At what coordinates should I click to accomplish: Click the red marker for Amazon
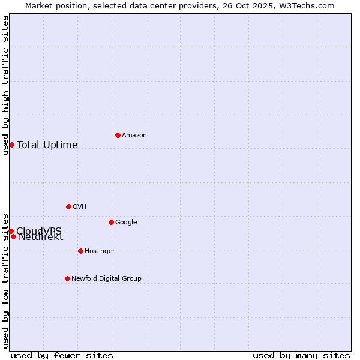click(118, 135)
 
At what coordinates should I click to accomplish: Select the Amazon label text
click(134, 136)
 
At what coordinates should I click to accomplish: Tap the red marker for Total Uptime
click(11, 145)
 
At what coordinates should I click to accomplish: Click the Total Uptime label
click(47, 145)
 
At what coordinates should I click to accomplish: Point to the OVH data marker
click(68, 206)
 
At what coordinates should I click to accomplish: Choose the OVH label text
click(80, 207)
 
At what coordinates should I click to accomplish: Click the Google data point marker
click(111, 222)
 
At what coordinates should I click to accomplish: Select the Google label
click(126, 223)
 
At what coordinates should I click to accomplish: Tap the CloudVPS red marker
click(11, 231)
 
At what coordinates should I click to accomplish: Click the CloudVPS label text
click(39, 230)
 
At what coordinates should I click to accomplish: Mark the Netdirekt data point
click(13, 236)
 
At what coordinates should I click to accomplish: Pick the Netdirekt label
click(41, 238)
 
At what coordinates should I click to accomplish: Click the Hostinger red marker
click(80, 251)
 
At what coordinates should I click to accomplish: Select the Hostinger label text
click(100, 251)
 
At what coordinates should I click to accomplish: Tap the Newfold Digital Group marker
click(67, 278)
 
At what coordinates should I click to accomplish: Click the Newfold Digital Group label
click(107, 279)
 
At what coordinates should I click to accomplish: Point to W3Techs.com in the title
click(311, 6)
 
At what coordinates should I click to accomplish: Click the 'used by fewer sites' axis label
click(62, 355)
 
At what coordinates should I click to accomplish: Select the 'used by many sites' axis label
click(301, 355)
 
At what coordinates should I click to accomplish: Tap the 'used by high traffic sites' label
click(6, 85)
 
